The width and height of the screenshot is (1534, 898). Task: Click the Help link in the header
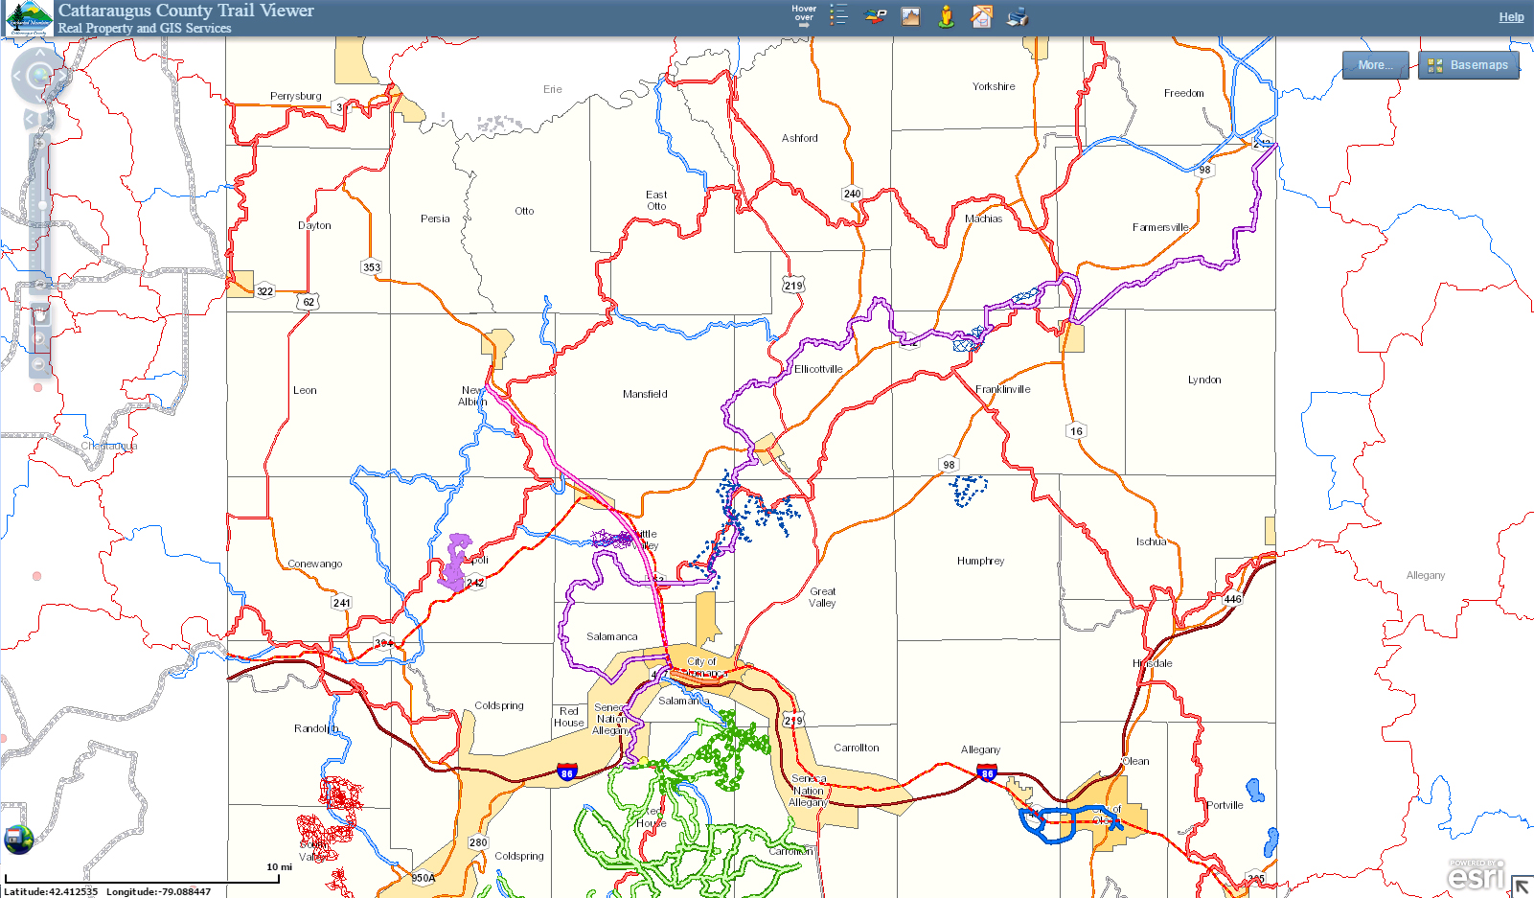pos(1511,17)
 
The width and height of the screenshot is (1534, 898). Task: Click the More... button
pos(1375,65)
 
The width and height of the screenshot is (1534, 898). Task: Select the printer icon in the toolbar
pos(1017,16)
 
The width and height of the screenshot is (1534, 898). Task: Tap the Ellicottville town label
pos(818,369)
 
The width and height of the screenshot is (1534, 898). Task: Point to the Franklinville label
pos(1002,389)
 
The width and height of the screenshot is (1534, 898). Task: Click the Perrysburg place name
pos(295,96)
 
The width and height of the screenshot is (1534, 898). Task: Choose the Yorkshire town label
pos(994,86)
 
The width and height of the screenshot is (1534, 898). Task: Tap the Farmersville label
pos(1159,227)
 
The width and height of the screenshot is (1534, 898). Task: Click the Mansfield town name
pos(645,394)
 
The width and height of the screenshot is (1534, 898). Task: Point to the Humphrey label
pos(980,561)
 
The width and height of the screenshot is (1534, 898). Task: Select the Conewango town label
pos(315,564)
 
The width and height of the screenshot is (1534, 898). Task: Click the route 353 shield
pos(372,267)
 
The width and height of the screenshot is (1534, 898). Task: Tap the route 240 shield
pos(852,194)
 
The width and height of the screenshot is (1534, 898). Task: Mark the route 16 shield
pos(1076,431)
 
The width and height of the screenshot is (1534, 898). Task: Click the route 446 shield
pos(1232,599)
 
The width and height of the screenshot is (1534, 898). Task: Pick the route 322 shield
pos(265,291)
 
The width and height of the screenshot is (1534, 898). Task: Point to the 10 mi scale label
pos(279,867)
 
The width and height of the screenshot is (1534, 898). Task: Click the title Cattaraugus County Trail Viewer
pos(186,11)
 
